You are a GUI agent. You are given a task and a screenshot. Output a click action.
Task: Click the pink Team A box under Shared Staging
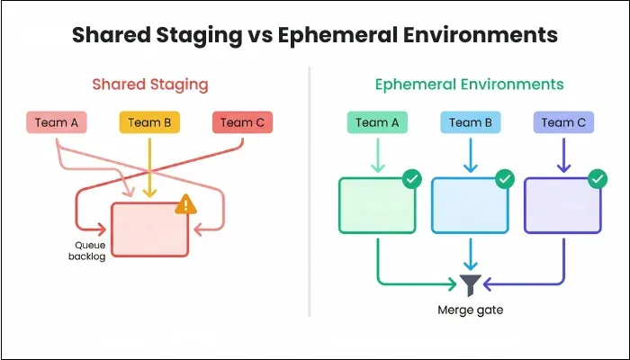(x=56, y=122)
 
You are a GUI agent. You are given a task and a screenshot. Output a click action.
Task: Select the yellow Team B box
(x=149, y=122)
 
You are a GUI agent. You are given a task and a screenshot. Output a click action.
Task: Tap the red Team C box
(x=242, y=122)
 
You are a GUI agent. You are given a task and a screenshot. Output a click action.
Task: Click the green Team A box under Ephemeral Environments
(x=377, y=122)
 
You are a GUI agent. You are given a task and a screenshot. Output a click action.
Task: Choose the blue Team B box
(x=470, y=122)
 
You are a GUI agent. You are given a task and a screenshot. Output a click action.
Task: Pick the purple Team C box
(x=562, y=122)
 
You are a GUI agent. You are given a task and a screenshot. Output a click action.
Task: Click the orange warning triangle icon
(x=185, y=204)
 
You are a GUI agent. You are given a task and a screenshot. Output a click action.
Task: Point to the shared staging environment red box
(x=149, y=229)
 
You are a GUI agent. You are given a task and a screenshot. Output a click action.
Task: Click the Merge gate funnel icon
(x=470, y=284)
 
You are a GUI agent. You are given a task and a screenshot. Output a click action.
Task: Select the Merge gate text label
(x=470, y=310)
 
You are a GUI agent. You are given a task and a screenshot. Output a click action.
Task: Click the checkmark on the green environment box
(x=411, y=179)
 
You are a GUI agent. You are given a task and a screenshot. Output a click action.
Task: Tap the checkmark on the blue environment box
(x=504, y=179)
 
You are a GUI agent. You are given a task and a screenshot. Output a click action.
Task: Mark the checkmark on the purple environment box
(x=597, y=179)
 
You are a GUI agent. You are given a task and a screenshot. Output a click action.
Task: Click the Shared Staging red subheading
(x=149, y=85)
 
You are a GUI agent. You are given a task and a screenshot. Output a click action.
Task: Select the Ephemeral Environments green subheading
(x=470, y=85)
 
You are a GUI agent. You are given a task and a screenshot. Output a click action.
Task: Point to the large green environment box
(x=376, y=205)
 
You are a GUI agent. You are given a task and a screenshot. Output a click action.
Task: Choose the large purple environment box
(x=562, y=205)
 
